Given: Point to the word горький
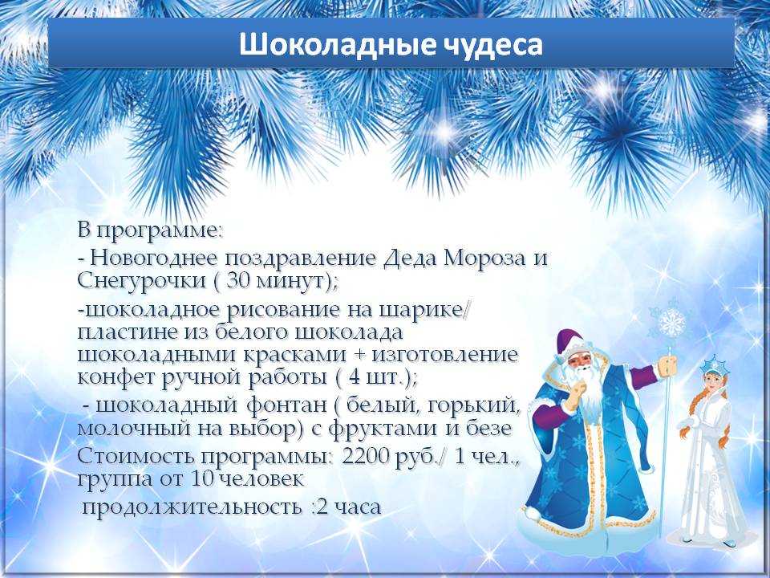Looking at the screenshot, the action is pyautogui.click(x=474, y=405).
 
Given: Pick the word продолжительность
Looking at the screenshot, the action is pyautogui.click(x=192, y=507).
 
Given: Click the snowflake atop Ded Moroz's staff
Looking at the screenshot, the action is pyautogui.click(x=671, y=323).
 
